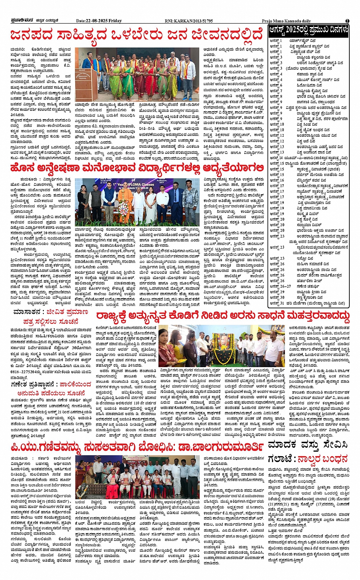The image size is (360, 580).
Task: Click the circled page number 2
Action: (347, 21)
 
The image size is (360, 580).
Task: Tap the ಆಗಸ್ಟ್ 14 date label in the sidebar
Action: (276, 158)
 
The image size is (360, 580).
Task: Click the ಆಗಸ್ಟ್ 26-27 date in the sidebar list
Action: (280, 286)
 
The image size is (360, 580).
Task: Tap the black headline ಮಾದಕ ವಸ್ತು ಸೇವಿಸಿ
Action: (308, 444)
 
